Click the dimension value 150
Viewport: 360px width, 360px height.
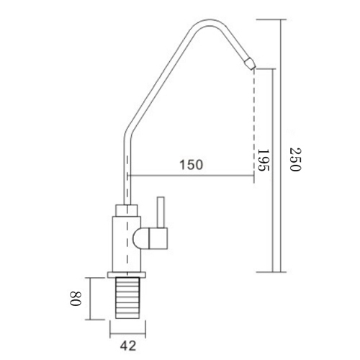[x=191, y=164]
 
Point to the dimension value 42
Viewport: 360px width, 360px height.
[x=130, y=344]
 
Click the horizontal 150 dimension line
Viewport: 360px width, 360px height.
[x=191, y=175]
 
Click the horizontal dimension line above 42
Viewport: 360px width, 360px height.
[x=130, y=332]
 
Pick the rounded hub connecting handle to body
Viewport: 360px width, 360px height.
[x=140, y=238]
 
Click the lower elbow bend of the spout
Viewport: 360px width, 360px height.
[x=127, y=131]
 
